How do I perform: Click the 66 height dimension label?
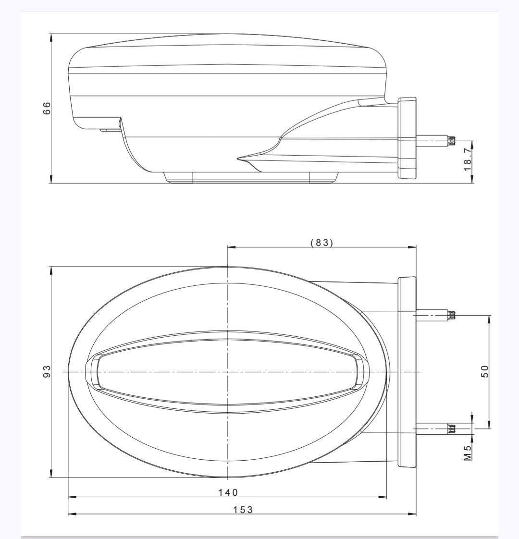47,108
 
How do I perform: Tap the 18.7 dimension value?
468,159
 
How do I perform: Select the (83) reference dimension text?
322,243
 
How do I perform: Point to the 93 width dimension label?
47,371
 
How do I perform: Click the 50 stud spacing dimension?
484,371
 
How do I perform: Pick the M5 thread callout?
468,453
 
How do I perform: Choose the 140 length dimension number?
228,492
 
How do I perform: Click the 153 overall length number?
243,510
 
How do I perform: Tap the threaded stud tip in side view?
451,140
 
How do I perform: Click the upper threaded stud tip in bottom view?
451,314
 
